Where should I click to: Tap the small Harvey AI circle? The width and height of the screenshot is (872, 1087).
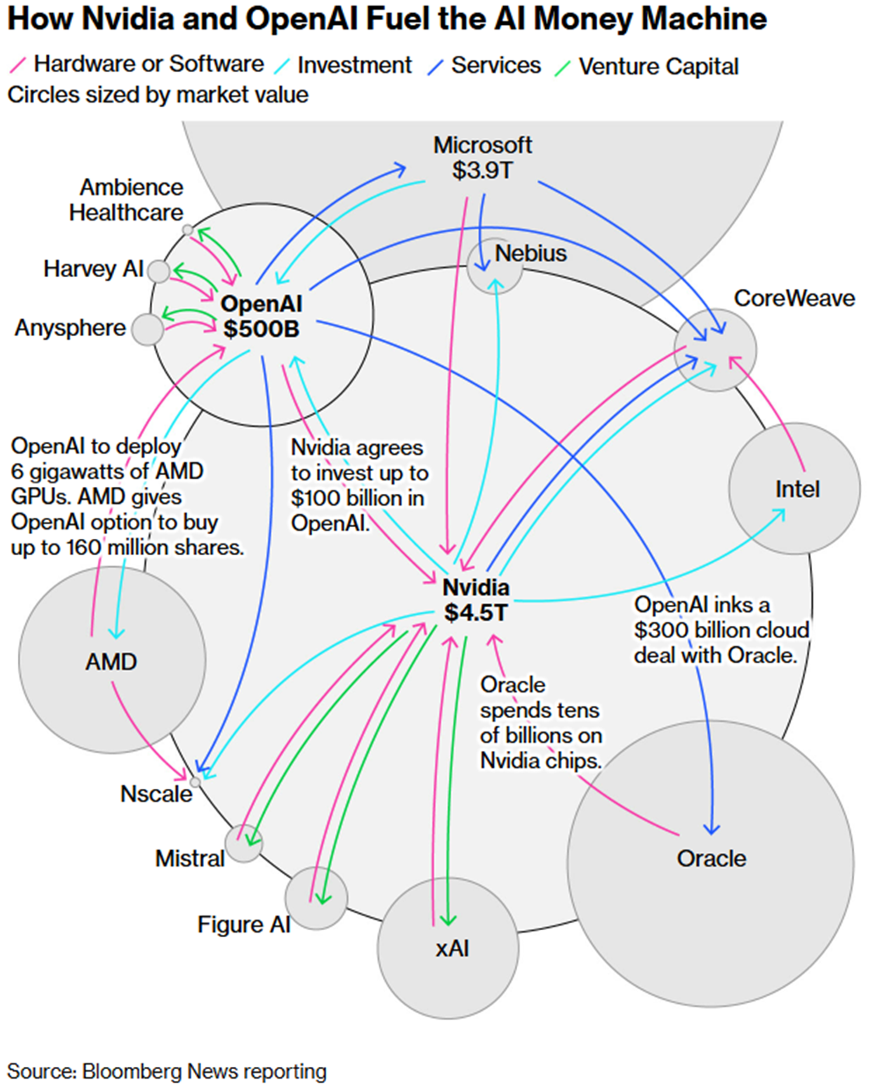158,271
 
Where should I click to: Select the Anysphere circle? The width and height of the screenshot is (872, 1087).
147,329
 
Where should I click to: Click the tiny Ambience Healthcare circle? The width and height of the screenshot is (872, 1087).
187,230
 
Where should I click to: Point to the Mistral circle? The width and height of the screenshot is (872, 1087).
243,843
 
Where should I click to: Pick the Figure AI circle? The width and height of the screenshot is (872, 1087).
315,898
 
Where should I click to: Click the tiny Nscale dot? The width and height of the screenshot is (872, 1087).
196,780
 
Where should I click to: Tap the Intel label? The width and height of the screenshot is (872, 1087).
797,489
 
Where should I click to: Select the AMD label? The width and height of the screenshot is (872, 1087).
111,662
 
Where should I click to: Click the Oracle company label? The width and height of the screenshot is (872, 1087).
711,858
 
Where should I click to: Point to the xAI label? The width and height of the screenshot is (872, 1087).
452,948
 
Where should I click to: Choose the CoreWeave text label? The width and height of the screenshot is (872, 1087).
794,298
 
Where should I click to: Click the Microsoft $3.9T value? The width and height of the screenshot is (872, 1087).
482,170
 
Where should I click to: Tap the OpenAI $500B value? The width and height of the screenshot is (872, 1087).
261,329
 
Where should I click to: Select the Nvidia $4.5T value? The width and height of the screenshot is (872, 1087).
475,613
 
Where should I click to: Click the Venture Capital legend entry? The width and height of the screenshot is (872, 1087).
658,67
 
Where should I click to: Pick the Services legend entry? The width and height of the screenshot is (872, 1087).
495,65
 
